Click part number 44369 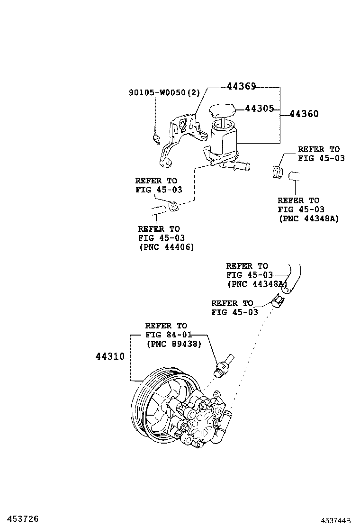[x=241, y=87]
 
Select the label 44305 [x=260, y=109]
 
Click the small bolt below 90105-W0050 [x=156, y=139]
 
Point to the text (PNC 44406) [x=166, y=247]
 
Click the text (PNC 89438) [x=174, y=344]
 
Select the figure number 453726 [x=19, y=518]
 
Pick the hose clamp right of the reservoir [x=278, y=170]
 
